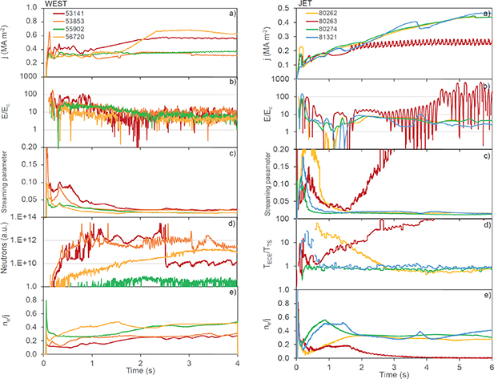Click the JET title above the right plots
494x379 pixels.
[x=305, y=5]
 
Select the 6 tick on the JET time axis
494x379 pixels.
[x=490, y=365]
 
